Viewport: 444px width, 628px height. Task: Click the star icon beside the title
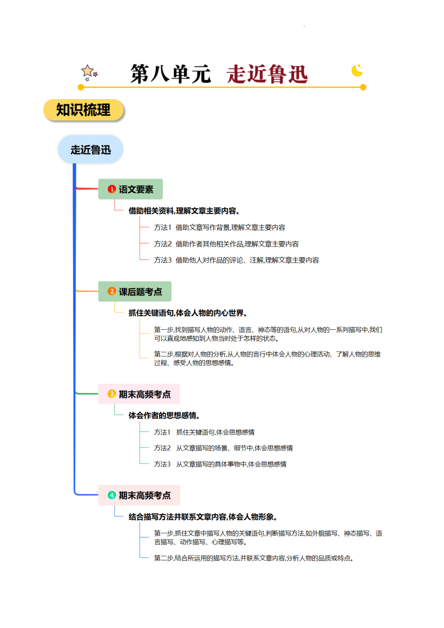[x=89, y=72]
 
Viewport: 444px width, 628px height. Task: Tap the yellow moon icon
[x=357, y=70]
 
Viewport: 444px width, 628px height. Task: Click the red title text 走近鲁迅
[x=267, y=74]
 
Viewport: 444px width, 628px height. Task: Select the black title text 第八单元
[x=171, y=74]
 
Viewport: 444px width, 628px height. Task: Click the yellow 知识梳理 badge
[x=83, y=110]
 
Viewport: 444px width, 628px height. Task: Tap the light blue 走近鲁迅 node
[x=91, y=149]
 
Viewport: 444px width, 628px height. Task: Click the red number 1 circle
[x=112, y=189]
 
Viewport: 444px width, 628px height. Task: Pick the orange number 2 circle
[x=112, y=291]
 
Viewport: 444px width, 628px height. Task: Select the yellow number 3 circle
[x=112, y=394]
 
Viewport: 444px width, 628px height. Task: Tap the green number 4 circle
[x=112, y=495]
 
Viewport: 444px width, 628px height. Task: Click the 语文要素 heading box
[x=131, y=189]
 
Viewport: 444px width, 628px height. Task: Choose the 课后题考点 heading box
[x=135, y=291]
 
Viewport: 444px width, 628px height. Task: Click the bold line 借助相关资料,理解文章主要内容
[x=184, y=211]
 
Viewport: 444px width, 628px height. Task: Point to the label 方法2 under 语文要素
[x=163, y=244]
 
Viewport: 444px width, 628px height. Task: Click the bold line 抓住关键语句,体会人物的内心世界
[x=187, y=313]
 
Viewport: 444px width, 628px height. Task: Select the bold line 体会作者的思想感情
[x=164, y=415]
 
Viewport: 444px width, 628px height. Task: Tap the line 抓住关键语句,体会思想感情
[x=215, y=432]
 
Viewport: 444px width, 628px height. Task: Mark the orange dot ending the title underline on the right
[x=363, y=87]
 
